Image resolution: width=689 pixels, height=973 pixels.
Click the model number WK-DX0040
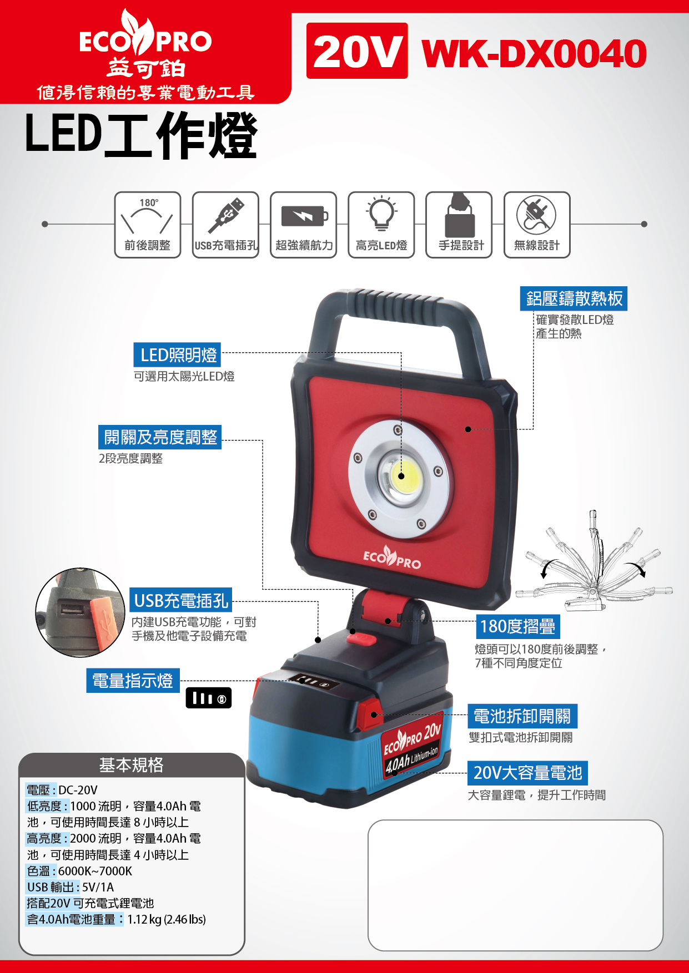pos(534,53)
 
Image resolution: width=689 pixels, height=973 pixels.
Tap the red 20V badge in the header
pos(357,50)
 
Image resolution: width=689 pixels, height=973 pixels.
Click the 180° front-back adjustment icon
pos(148,225)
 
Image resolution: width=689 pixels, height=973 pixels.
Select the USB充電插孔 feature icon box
pos(225,225)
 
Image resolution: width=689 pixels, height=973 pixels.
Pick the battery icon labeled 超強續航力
pos(303,225)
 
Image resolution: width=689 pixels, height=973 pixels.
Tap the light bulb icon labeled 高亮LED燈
pos(381,225)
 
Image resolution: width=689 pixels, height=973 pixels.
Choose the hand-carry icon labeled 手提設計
pos(459,225)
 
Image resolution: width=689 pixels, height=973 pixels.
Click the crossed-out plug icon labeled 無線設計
pos(537,225)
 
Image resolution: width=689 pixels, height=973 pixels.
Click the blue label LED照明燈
pos(178,355)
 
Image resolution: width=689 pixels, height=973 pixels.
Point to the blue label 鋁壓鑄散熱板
pos(574,298)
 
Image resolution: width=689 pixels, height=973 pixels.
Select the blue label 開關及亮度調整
pos(160,437)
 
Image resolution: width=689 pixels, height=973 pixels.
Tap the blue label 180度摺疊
pos(517,626)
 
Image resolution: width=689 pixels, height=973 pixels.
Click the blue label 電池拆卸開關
pos(522,716)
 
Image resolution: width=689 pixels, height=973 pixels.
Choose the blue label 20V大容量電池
pos(527,773)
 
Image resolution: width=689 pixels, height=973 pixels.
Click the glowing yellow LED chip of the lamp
pos(401,476)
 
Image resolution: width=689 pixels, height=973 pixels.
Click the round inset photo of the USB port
pos(81,612)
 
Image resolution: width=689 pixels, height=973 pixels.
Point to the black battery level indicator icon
pos(209,698)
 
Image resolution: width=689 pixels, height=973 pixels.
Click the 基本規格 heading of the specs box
pos(131,765)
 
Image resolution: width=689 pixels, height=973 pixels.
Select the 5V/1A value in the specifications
pos(98,887)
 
